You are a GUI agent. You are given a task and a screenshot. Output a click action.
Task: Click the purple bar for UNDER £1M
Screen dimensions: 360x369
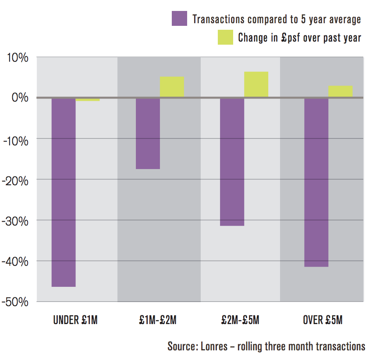pos(64,192)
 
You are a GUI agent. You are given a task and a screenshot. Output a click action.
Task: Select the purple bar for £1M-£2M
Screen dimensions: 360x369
pos(148,133)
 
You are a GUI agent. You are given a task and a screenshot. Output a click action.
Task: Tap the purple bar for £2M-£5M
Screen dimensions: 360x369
pos(232,162)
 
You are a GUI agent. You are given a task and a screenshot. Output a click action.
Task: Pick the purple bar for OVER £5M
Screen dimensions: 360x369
pos(316,182)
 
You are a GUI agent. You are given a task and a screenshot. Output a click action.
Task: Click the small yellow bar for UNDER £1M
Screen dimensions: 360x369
pos(88,99)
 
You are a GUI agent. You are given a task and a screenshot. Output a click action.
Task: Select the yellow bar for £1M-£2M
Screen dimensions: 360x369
pos(172,87)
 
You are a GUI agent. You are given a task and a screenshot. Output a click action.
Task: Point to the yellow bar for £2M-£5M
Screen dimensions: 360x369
pos(256,84)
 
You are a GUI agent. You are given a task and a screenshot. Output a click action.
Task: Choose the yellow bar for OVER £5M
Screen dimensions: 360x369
pos(340,91)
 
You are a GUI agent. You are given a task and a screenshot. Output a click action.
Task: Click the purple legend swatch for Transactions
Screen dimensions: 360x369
pos(179,19)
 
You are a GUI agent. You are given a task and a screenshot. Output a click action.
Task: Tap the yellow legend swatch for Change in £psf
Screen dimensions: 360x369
pos(225,37)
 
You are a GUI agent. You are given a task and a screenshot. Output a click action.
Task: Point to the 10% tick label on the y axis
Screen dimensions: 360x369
pos(17,57)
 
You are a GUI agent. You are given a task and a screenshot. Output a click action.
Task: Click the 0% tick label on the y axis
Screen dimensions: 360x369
pos(20,98)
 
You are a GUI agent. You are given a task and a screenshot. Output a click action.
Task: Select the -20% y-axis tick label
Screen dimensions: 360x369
pos(16,180)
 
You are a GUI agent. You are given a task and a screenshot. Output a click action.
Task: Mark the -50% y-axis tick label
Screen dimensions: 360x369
pos(16,302)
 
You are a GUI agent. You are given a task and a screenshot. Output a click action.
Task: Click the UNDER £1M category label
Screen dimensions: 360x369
pos(75,320)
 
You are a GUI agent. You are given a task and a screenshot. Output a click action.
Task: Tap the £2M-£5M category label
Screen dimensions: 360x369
pos(240,320)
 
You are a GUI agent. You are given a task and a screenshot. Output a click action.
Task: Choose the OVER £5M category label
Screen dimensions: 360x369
pos(323,320)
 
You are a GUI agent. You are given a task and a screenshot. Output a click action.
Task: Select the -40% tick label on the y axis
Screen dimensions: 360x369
pos(16,261)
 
